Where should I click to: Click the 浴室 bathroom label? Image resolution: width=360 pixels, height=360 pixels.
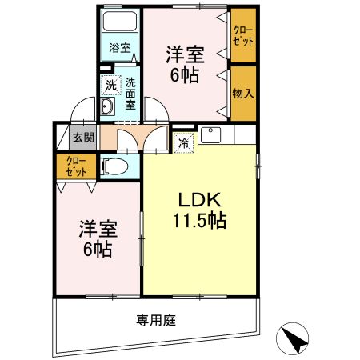tap(119, 48)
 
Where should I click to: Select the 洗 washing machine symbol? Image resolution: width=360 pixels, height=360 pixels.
tap(109, 84)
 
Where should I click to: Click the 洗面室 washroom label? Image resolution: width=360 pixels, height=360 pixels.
tap(130, 91)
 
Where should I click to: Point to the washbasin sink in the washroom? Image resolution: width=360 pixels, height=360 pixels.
tap(109, 107)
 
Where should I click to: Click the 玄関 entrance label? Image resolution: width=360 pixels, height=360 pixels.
tap(83, 137)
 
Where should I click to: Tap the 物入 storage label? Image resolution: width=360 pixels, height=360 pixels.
tap(243, 94)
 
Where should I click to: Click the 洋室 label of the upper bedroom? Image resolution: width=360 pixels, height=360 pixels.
tap(185, 55)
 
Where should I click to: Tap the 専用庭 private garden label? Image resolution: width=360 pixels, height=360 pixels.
tap(156, 319)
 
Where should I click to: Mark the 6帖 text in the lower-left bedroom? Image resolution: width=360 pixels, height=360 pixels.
tap(98, 250)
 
